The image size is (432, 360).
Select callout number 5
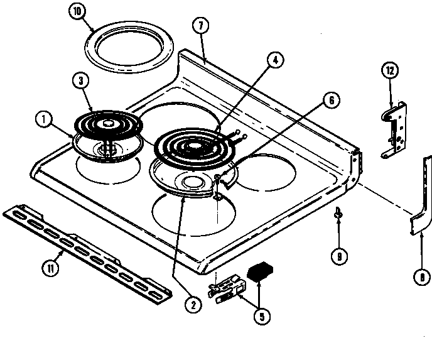pos(259,317)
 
